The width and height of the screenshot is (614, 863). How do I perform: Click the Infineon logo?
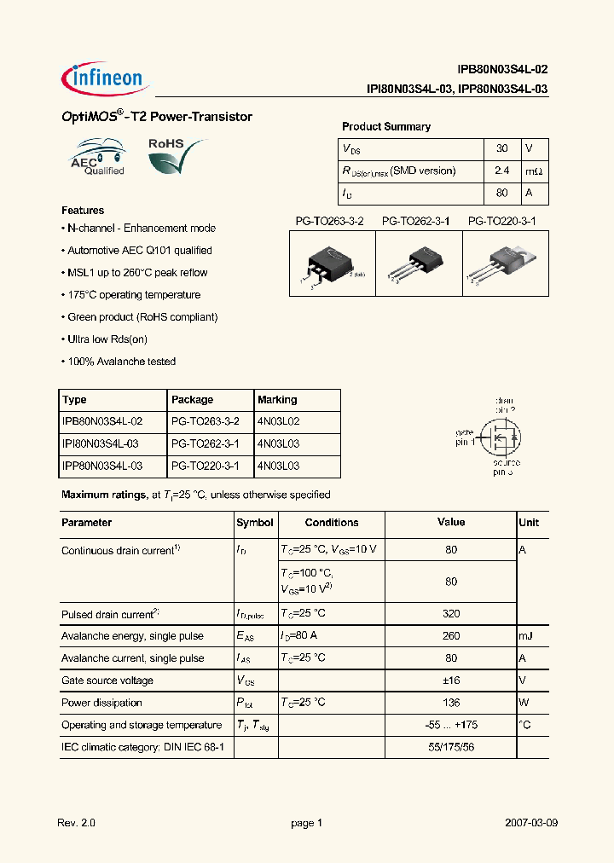106,79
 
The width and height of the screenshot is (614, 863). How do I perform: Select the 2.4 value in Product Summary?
501,171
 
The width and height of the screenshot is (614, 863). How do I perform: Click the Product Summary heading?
386,126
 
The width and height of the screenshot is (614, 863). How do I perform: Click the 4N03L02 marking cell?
278,421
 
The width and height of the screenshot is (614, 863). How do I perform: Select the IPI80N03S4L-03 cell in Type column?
102,443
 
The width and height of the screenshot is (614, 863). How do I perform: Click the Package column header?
192,399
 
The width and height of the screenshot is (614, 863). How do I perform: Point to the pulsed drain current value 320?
451,614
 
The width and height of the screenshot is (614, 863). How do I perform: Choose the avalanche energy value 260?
451,636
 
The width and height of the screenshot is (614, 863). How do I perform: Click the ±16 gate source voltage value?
451,681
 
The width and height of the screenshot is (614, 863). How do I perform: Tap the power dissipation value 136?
451,703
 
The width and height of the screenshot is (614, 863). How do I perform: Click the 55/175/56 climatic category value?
451,747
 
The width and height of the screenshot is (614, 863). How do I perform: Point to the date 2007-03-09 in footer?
531,824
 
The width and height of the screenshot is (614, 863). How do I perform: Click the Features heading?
83,210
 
